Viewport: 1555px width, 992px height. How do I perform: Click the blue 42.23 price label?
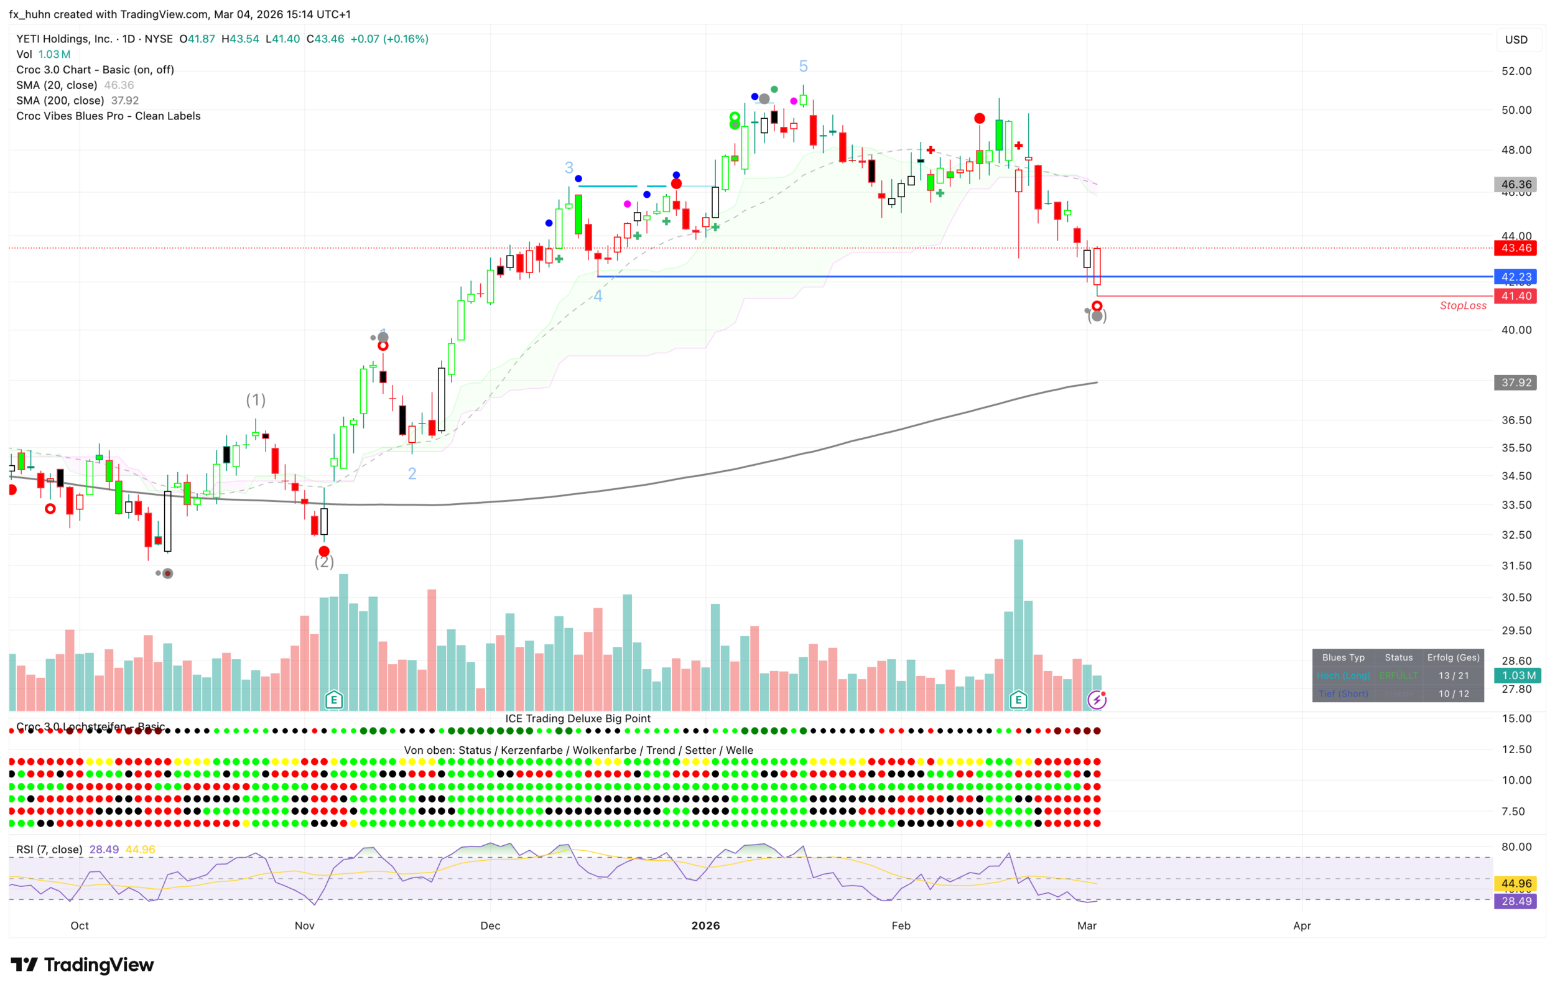point(1515,277)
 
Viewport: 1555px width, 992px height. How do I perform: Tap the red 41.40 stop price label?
point(1515,296)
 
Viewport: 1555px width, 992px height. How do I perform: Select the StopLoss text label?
point(1463,305)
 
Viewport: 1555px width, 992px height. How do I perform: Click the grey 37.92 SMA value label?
point(1515,382)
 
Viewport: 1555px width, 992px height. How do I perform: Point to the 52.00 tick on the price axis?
point(1516,71)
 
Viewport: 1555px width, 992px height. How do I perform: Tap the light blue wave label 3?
point(569,167)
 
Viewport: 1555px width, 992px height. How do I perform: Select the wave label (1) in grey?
point(256,400)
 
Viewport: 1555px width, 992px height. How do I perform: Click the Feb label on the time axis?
point(900,925)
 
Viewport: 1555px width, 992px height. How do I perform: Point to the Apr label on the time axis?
point(1302,925)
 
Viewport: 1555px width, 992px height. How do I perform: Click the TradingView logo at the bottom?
point(82,964)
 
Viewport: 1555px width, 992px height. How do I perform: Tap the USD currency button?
point(1516,39)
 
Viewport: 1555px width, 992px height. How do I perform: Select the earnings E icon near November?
point(334,700)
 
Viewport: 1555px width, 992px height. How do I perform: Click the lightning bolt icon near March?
point(1097,700)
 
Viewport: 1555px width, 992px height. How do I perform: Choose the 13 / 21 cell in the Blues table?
point(1453,675)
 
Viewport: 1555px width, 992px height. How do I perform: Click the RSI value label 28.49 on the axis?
point(1516,901)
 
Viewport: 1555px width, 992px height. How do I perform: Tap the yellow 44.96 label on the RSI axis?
point(1516,883)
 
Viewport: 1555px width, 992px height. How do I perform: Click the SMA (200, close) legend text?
point(60,101)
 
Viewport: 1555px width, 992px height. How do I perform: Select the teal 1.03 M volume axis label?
point(1517,675)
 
